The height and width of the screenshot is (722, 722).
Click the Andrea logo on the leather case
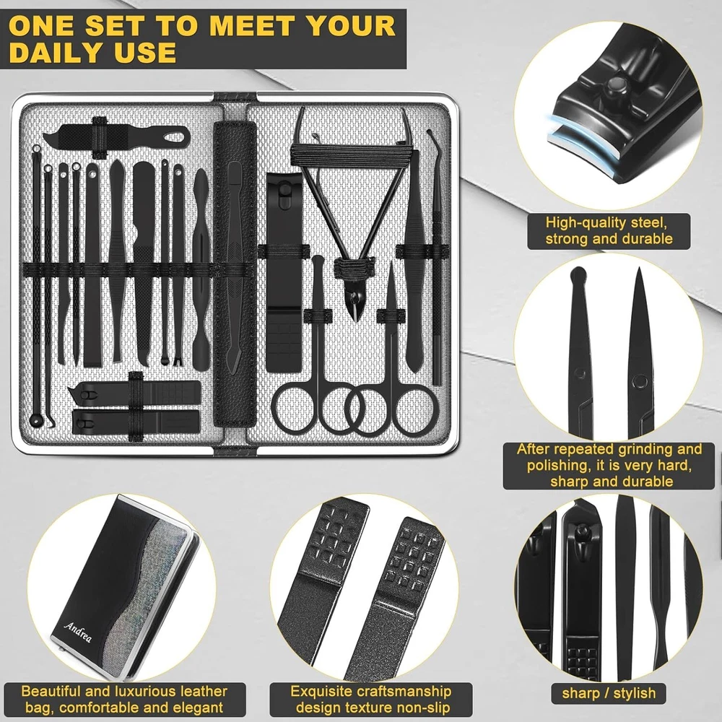(x=78, y=631)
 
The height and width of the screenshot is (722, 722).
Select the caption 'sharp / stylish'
(x=609, y=692)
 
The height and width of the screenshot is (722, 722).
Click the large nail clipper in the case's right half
(x=284, y=271)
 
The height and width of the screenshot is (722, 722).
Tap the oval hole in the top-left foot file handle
(x=175, y=136)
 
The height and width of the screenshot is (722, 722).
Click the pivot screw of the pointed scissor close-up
(x=639, y=380)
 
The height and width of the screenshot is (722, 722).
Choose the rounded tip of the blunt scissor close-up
(x=578, y=276)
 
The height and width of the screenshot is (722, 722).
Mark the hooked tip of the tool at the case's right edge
(x=430, y=133)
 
